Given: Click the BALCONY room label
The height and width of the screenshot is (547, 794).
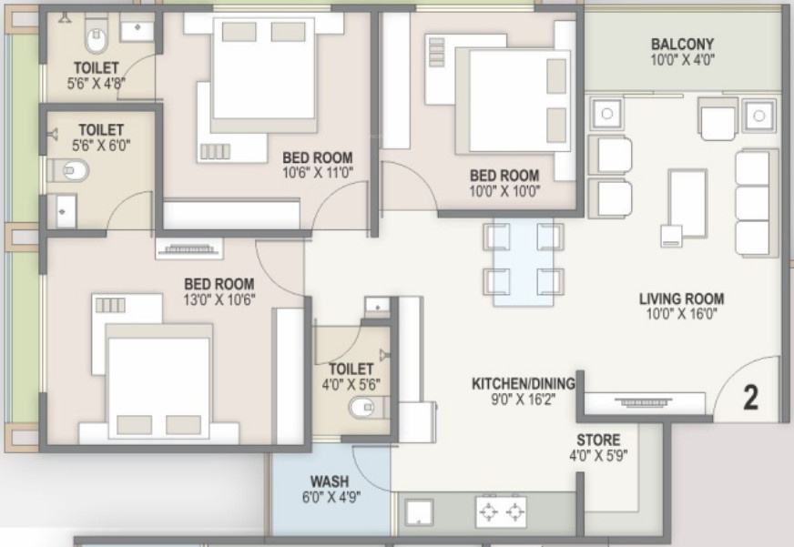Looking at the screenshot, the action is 682,44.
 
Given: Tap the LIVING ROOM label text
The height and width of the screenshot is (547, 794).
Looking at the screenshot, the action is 681,299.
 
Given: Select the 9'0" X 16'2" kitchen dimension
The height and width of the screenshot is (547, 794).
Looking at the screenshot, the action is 523,400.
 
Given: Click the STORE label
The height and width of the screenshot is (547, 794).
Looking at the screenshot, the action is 598,440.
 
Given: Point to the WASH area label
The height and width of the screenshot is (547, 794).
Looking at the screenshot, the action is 329,481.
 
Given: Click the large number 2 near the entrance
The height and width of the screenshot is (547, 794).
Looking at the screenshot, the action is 751,398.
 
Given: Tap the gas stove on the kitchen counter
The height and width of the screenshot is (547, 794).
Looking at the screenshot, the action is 501,512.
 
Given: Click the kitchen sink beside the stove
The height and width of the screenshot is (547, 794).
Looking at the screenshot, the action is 419,512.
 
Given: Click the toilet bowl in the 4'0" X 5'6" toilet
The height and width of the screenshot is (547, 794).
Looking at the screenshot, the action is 361,407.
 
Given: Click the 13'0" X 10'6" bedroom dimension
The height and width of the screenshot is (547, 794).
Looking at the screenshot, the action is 219,300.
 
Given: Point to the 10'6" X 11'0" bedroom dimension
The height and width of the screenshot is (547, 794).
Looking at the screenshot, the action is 318,173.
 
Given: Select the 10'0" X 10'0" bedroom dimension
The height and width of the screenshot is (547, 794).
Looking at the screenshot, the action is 504,191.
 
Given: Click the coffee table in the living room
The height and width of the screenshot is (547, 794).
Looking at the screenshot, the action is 687,203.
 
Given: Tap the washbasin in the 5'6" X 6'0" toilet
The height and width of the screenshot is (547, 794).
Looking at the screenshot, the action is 62,210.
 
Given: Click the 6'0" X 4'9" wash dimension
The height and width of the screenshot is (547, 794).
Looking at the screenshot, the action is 331,497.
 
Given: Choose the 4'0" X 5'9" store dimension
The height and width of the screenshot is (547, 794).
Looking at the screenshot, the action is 598,455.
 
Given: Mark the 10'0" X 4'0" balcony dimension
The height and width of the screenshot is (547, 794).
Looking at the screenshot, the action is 682,60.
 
